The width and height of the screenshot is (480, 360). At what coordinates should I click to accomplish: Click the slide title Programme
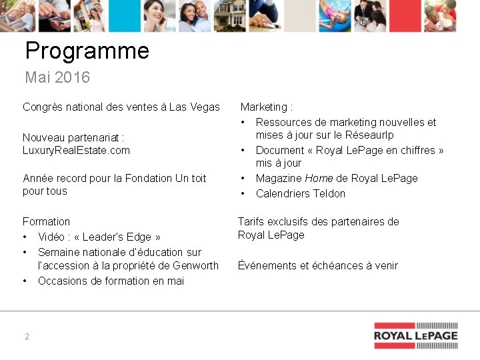[x=87, y=51]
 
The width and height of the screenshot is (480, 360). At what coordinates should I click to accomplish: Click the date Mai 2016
[x=57, y=77]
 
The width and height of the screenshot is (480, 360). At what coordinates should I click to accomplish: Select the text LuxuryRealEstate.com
[x=76, y=150]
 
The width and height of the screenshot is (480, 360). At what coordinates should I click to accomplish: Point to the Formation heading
[x=46, y=221]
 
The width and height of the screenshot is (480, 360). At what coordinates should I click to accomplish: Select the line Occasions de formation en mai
[x=111, y=281]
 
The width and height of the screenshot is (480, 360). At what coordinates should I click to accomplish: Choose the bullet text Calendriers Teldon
[x=301, y=193]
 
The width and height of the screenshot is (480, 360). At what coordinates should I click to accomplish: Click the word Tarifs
[x=252, y=221]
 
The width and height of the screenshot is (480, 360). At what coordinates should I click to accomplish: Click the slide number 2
[x=27, y=337]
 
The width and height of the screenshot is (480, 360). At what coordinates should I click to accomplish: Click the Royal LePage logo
[x=415, y=335]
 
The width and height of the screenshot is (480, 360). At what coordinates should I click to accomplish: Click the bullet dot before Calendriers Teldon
[x=244, y=193]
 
